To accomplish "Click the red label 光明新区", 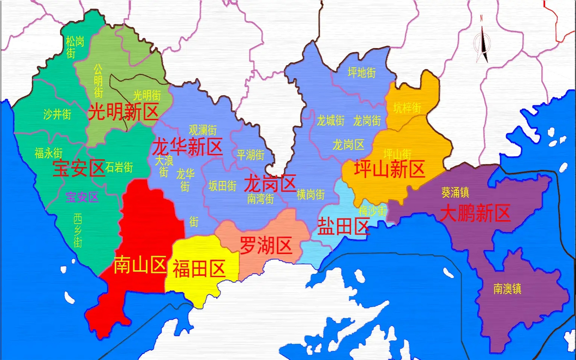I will pos(123,112).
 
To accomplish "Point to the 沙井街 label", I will pos(57,114).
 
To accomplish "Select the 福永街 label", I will pos(48,153).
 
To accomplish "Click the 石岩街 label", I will pos(119,167).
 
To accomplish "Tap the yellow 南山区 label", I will pos(140,264).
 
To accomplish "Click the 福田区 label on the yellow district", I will pos(199,269).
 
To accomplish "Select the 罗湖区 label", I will pos(266,246).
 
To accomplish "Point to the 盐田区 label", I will pos(343,227).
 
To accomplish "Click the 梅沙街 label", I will pos(373,211).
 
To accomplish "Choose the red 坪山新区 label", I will pos(389,169).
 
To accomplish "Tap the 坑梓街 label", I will pos(407,108).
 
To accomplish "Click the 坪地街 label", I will pos(362,73).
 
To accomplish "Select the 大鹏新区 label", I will pos(475,213).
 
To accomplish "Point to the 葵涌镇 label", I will pos(455,193).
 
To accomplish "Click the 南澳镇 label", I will pos(507,289).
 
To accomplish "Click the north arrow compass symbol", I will pos(483,42).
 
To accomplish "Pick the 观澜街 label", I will pos(203,130).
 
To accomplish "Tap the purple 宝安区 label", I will pos(82,197).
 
